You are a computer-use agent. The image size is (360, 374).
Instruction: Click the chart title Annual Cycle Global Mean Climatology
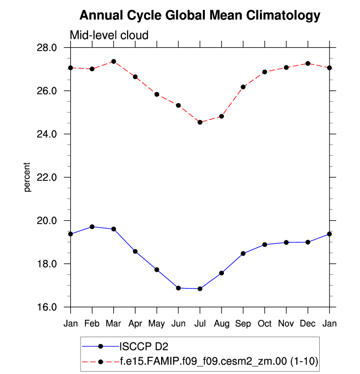point(199,16)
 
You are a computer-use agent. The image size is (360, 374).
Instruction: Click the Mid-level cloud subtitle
point(109,35)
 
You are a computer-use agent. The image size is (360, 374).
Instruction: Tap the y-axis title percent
point(28,177)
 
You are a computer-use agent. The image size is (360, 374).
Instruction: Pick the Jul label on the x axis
point(200,323)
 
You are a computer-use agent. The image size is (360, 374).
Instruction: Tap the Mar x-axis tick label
point(113,323)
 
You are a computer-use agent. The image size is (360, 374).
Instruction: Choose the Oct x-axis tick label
point(265,323)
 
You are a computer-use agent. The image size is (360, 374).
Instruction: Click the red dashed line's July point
point(200,122)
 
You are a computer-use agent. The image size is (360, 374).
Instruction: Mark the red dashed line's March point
point(113,61)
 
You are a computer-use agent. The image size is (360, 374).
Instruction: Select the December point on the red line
point(308,63)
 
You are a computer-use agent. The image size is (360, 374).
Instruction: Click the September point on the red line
point(243,87)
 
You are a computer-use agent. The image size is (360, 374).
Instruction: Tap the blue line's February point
point(92,227)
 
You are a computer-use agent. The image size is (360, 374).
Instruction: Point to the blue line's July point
point(200,289)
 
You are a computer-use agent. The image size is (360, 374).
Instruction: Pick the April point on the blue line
point(135,251)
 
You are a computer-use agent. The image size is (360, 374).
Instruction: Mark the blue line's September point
point(243,254)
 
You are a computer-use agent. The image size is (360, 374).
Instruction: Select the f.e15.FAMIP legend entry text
point(219,362)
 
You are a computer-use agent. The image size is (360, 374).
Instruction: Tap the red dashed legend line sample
point(101,362)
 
